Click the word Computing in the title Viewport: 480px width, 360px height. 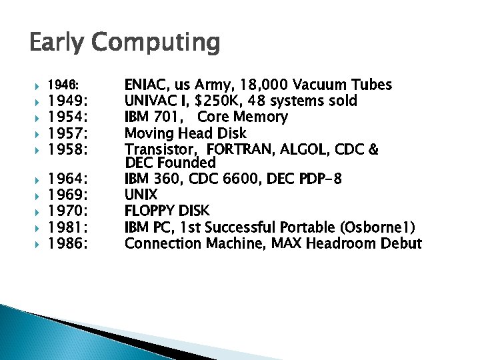(x=157, y=43)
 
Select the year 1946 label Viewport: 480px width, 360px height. (x=63, y=86)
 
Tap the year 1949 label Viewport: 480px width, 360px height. (x=67, y=101)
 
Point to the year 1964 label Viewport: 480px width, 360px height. (x=67, y=179)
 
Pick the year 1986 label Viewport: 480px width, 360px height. (x=67, y=243)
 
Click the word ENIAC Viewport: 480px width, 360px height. (x=145, y=85)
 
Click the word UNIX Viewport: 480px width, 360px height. (x=141, y=195)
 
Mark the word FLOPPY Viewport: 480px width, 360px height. (x=150, y=211)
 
